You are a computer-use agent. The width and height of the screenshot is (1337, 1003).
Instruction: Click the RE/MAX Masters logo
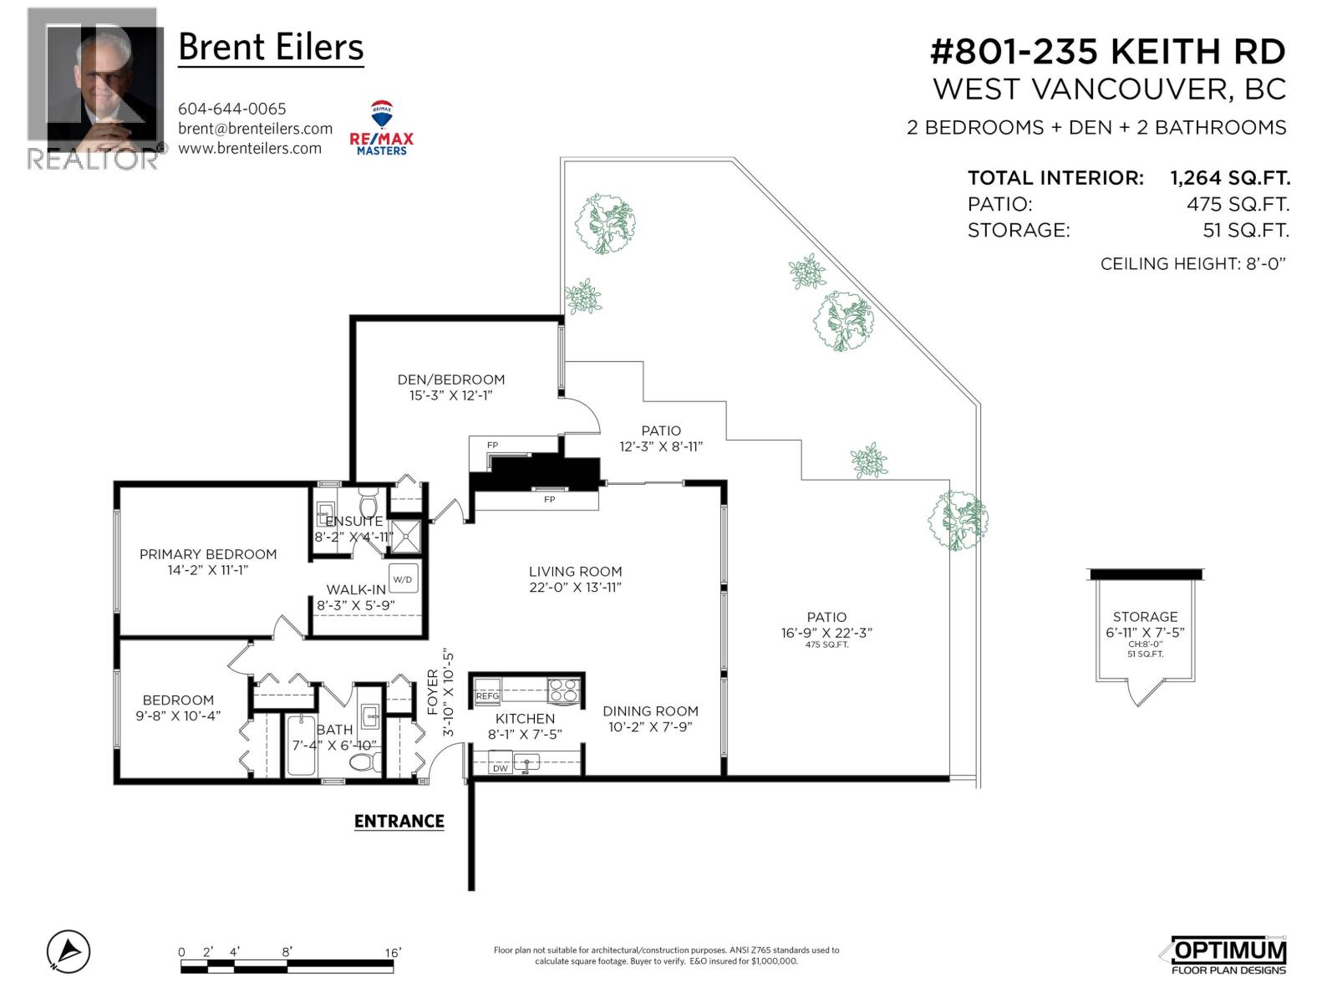coord(381,128)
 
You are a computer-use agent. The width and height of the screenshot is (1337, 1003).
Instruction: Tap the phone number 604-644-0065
coord(231,109)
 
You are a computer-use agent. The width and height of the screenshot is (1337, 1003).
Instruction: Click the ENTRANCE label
coord(399,821)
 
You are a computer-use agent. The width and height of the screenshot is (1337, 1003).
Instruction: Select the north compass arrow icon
coord(69,951)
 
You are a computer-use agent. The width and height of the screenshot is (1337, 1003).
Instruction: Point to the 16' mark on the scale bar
coord(393,953)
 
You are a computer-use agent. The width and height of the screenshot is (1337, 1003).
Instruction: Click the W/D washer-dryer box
coord(404,579)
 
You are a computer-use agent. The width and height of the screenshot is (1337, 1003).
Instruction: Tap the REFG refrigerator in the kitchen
coord(487,692)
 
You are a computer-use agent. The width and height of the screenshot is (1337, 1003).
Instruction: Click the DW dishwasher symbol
coord(500,768)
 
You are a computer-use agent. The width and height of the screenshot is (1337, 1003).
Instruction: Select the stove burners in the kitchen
coord(563,691)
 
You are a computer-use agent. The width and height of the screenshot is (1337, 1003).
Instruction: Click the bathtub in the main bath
coord(301,746)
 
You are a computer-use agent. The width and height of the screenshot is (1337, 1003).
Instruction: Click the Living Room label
coord(575,572)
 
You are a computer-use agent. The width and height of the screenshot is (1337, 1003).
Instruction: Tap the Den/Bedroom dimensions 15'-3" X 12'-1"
coord(450,395)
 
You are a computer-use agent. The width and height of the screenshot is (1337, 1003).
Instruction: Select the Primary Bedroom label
coord(208,554)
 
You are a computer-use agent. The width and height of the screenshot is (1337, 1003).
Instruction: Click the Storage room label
coord(1145,617)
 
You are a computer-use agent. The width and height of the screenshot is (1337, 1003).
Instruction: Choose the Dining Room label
coord(650,711)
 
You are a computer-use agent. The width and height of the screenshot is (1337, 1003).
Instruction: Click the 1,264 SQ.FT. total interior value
coord(1230,178)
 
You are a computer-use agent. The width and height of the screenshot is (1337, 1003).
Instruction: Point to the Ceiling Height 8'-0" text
coord(1192,263)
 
